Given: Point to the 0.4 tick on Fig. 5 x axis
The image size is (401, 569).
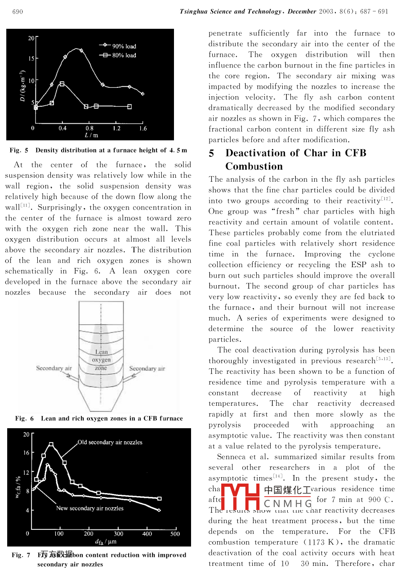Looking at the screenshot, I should coord(62,129).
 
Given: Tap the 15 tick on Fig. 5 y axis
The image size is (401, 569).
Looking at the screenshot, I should coord(31,58).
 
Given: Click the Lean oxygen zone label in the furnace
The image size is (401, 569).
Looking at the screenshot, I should coord(102,360).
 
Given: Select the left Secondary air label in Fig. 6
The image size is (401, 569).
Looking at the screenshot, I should coord(54,368).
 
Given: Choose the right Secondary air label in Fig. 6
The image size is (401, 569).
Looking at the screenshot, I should coord(147,368).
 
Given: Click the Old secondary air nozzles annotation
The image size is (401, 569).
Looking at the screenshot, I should coord(110,442).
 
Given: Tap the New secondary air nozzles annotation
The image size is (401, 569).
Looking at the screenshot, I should coord(89,508).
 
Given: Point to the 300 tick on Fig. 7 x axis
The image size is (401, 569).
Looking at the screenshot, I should coord(118,534).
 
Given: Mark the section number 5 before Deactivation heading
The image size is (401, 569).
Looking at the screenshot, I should coord(211,153).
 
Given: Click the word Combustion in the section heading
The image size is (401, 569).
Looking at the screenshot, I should coord(254,166).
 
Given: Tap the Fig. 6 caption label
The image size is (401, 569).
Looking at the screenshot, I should coord(24,419).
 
